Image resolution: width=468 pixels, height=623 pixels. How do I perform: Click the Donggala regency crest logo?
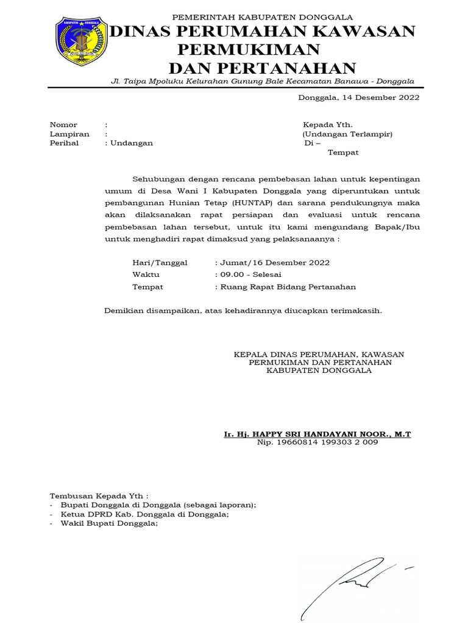(x=81, y=41)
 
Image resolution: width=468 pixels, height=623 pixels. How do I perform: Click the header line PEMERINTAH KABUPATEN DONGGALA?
(x=255, y=17)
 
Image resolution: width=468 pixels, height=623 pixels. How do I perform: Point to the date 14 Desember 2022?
(x=381, y=97)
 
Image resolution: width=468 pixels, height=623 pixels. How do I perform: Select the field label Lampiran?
(x=69, y=134)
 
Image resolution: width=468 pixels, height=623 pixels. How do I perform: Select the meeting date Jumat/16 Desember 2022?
(x=274, y=263)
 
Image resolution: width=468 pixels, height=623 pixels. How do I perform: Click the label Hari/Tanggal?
(x=160, y=263)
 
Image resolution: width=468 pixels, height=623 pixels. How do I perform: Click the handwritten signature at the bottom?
(x=353, y=584)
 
